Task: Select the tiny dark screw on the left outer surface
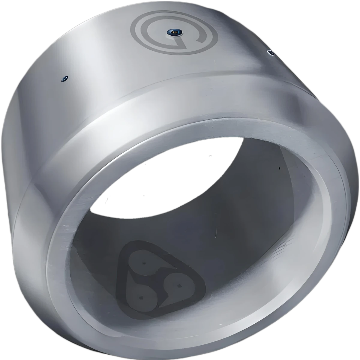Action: coord(64,79)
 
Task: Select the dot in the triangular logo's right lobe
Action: coord(179,285)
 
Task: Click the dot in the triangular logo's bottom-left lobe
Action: coord(141,298)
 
